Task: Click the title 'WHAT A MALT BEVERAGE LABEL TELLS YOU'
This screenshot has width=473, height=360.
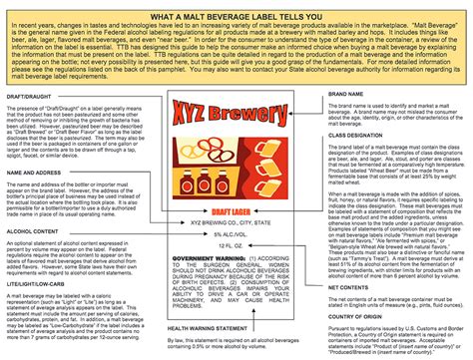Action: [236, 16]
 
